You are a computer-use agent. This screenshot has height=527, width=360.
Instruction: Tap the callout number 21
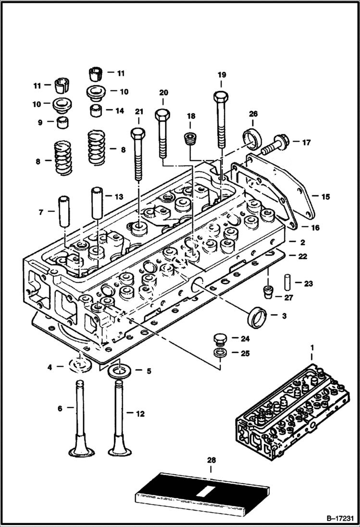pyautogui.click(x=139, y=111)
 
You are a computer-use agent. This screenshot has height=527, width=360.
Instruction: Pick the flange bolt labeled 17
pyautogui.click(x=276, y=143)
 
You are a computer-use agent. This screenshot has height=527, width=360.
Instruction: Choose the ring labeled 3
pyautogui.click(x=258, y=317)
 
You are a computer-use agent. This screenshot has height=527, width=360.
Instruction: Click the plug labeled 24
pyautogui.click(x=220, y=339)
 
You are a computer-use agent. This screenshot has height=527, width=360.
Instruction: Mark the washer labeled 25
pyautogui.click(x=220, y=354)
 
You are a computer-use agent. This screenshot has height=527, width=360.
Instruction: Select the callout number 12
pyautogui.click(x=140, y=413)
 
